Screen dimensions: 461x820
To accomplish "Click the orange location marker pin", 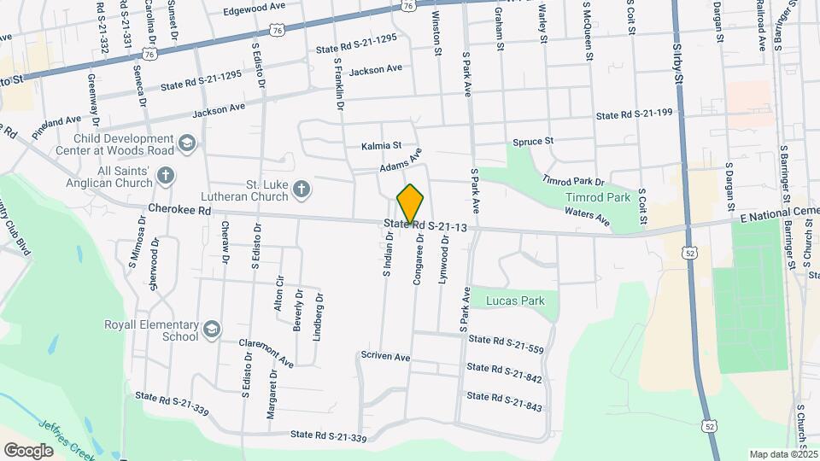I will (411, 204).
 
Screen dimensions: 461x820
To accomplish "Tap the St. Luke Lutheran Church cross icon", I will (301, 189).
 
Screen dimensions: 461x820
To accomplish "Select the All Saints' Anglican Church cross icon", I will (166, 175).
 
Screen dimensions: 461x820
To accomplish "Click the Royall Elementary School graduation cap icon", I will (210, 328).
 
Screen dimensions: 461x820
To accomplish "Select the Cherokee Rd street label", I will (179, 209).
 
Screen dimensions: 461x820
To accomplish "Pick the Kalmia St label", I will (380, 147).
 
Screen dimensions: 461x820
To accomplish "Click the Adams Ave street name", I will (401, 161).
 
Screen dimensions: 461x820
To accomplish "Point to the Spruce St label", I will (533, 140).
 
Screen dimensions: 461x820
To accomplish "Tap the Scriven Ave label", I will (385, 356).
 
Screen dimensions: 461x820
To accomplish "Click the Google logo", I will (29, 450).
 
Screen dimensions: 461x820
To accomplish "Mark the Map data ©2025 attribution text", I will (783, 454).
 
